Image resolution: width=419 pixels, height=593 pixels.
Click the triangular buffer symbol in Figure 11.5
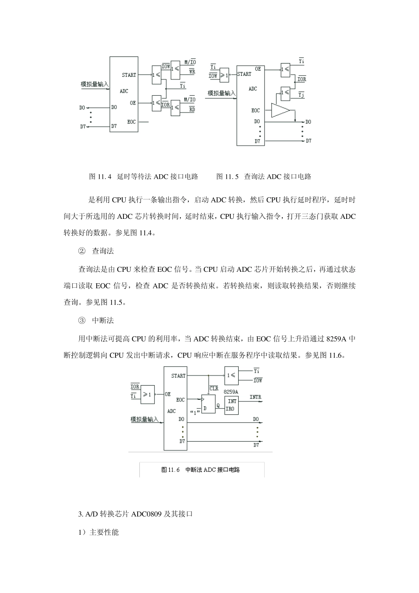click(280, 111)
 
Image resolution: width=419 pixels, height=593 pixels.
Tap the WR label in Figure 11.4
click(192, 71)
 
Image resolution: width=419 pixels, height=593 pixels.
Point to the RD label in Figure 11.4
click(192, 109)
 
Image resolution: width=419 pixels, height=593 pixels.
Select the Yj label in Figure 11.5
click(302, 94)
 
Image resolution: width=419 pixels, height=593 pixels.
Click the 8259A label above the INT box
click(231, 391)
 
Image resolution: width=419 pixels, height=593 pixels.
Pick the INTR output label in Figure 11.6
click(255, 397)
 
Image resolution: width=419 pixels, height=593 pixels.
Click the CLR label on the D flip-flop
click(214, 389)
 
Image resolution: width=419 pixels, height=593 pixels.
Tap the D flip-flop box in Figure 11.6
click(208, 404)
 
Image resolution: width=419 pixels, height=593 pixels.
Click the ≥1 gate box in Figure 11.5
click(224, 75)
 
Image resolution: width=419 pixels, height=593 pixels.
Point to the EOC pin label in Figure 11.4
click(131, 122)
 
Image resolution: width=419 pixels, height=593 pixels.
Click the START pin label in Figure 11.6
click(179, 376)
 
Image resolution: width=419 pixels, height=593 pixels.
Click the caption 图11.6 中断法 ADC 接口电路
click(201, 470)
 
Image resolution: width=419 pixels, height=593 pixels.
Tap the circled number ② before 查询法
click(82, 251)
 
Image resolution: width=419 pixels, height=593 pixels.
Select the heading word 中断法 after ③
click(103, 320)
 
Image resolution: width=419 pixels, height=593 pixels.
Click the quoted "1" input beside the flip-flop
click(195, 412)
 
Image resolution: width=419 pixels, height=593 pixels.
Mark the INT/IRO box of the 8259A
click(232, 405)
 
